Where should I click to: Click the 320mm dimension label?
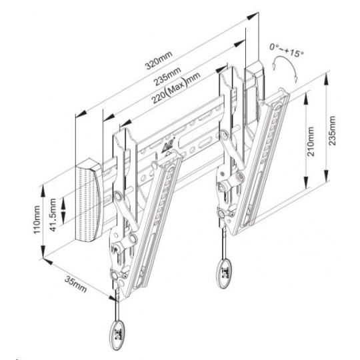click(158, 61)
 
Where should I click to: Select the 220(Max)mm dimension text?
click(176, 87)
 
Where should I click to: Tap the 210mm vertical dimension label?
click(311, 141)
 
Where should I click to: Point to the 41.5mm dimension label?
click(53, 215)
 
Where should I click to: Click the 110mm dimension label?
click(37, 219)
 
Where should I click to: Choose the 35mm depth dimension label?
click(76, 284)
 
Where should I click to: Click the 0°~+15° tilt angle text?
click(287, 50)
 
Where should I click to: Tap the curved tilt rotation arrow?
click(285, 63)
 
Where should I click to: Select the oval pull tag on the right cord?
click(223, 273)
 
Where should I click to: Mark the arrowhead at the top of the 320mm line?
click(252, 16)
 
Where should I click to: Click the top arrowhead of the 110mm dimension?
click(43, 191)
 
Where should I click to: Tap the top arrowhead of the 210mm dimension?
click(305, 99)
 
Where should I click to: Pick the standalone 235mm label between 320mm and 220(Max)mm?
click(167, 76)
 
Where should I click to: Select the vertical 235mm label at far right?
click(332, 131)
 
